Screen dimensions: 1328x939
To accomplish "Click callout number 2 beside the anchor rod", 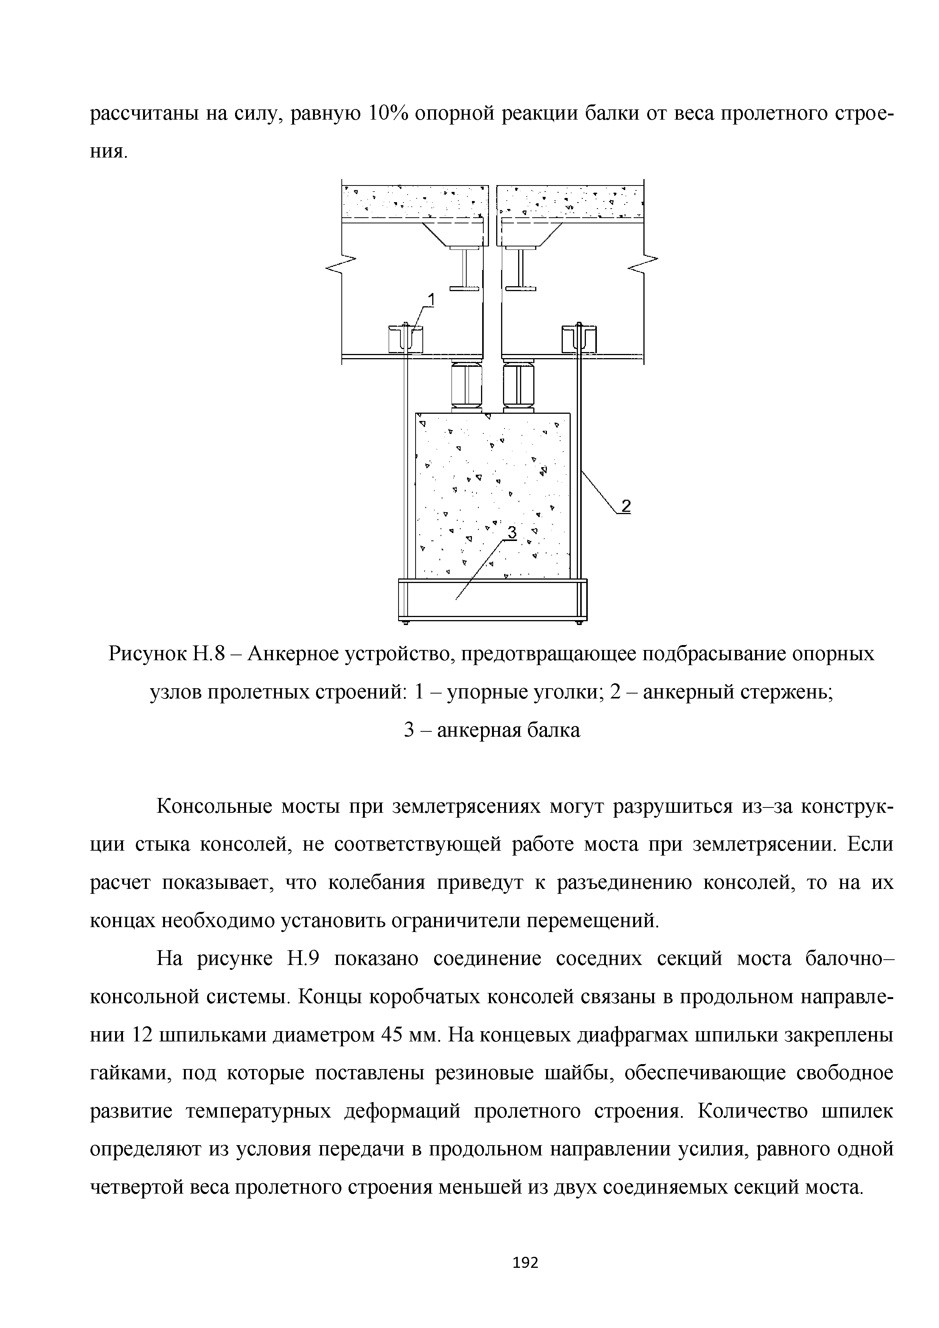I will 625,507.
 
